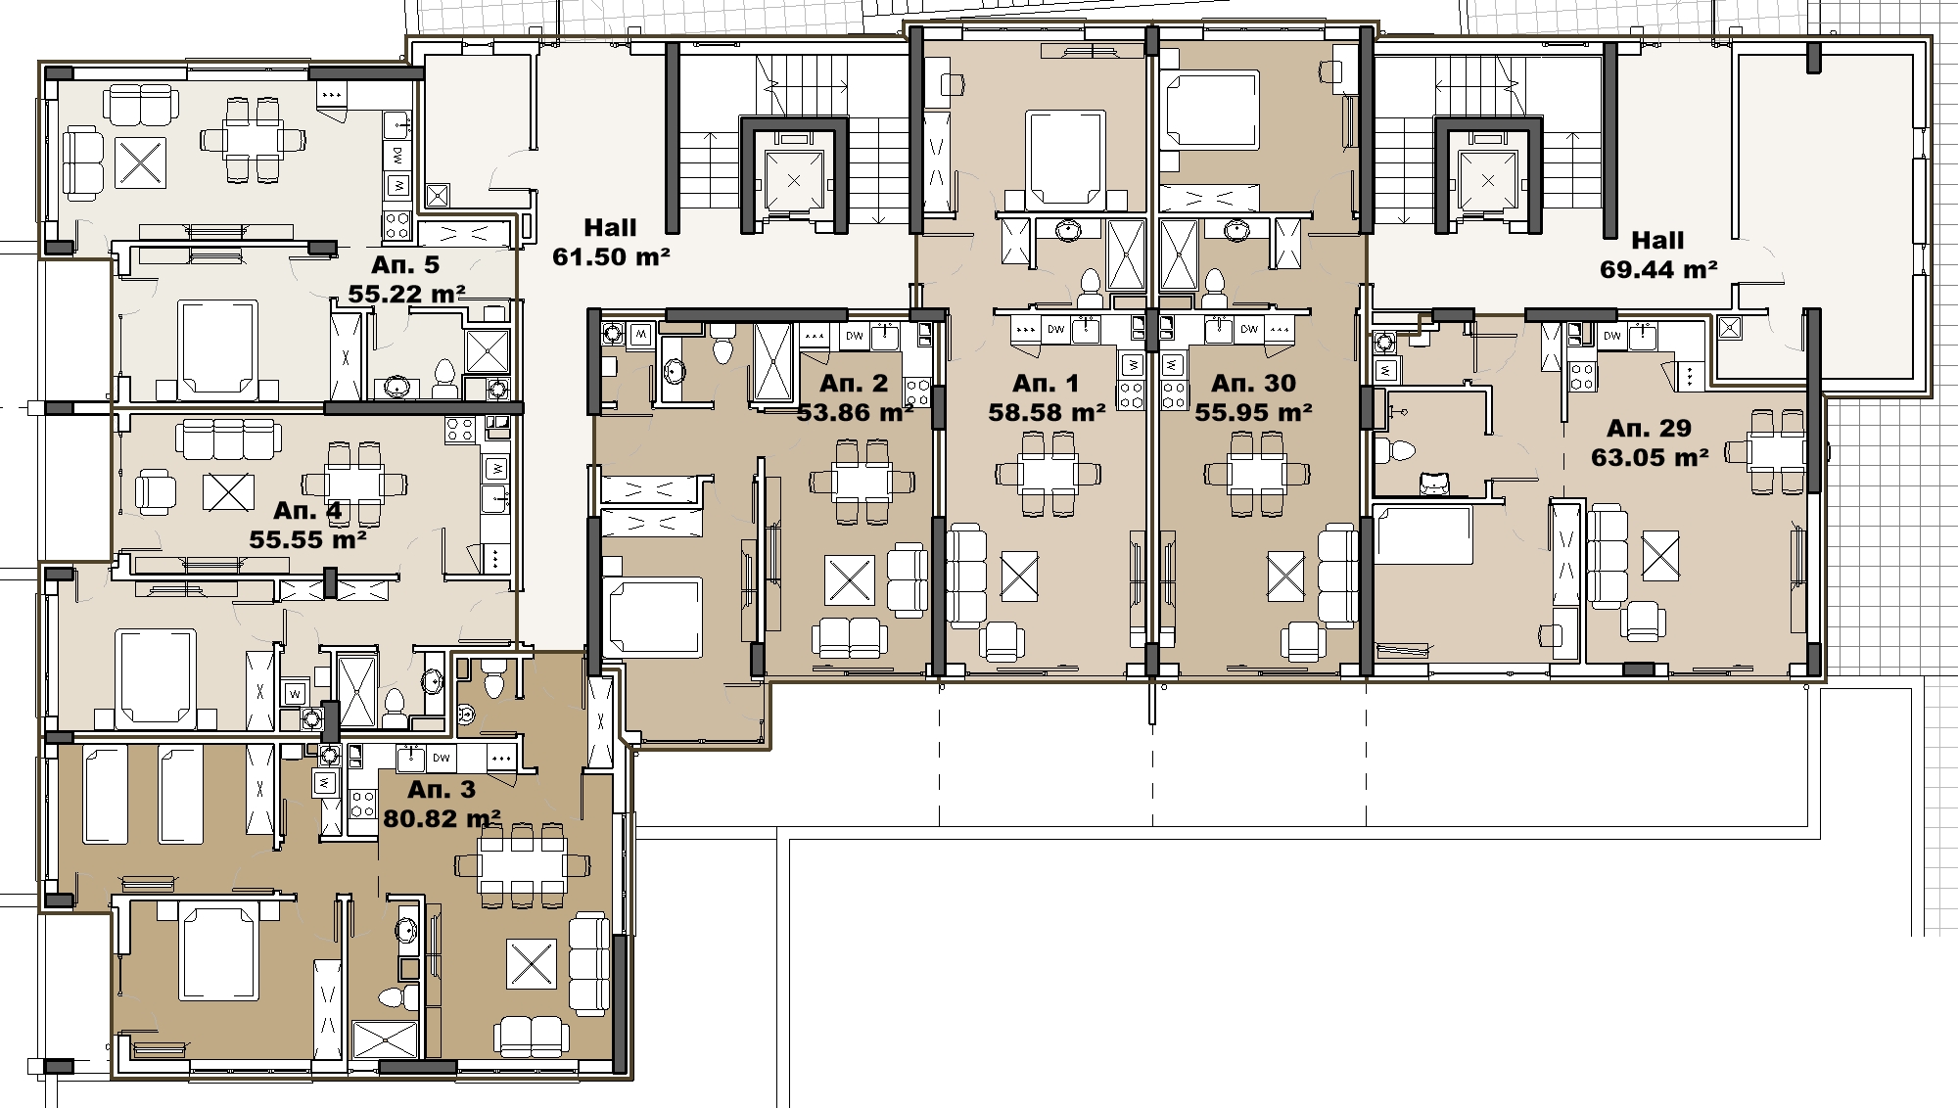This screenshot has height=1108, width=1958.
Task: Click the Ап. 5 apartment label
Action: [405, 265]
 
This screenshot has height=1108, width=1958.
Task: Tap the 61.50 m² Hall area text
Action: [611, 256]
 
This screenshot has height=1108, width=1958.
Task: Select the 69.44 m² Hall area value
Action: [1658, 269]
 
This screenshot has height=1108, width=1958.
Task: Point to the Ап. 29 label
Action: [1650, 428]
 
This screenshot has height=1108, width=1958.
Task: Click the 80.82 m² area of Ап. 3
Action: [442, 817]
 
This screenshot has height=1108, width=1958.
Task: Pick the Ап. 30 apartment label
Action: [1253, 383]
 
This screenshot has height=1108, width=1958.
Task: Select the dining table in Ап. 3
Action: [523, 865]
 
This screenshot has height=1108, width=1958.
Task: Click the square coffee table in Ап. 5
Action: [141, 162]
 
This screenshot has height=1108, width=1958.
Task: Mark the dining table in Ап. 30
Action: [1257, 474]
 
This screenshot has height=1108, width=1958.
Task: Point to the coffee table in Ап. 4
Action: [228, 492]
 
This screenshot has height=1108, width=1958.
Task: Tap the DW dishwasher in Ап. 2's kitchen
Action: [855, 336]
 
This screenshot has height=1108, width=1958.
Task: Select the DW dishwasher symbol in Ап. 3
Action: [442, 758]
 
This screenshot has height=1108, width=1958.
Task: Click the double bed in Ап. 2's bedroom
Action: [653, 617]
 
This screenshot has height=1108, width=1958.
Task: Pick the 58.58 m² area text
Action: [1047, 412]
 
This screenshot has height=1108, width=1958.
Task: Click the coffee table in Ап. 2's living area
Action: [850, 579]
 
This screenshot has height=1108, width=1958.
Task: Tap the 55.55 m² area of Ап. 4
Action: [307, 539]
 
